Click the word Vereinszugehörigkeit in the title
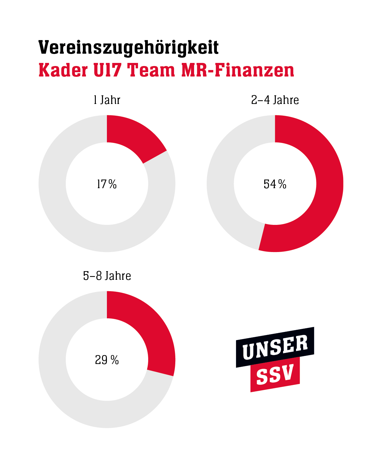coord(128,48)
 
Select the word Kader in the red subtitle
coord(63,70)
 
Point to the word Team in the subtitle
coord(151,70)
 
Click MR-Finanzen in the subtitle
coord(238,70)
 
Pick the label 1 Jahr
coord(107,100)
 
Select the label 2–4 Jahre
coord(275,100)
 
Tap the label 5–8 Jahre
coord(107,276)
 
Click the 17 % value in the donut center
coord(107,184)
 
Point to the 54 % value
coord(275,184)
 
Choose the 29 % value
coord(107,360)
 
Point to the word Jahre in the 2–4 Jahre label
coord(286,100)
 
